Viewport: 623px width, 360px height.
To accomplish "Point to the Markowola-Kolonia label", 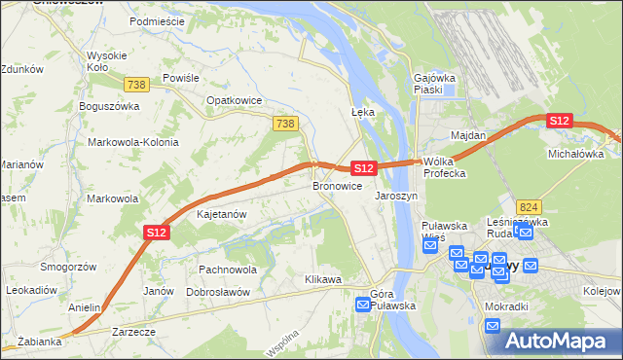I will [133, 142].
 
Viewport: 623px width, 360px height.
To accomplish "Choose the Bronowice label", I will [337, 185].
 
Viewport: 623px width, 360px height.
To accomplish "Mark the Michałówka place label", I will [576, 154].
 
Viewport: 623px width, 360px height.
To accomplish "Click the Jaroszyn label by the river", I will [396, 196].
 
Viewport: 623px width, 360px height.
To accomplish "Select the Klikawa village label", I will [323, 280].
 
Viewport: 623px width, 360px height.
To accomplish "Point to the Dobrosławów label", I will [219, 291].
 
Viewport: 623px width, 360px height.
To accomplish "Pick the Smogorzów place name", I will [66, 266].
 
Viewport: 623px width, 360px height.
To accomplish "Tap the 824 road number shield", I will [530, 206].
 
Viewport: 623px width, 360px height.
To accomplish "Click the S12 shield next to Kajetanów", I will [158, 232].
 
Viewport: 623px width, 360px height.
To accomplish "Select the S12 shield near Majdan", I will [559, 121].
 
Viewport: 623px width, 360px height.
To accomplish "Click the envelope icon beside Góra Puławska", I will [363, 306].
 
